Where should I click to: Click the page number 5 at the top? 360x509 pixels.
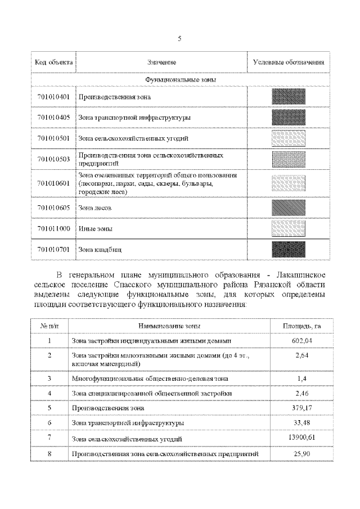click(179, 38)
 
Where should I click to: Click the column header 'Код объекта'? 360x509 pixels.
click(53, 61)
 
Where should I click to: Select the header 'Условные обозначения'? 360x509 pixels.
click(288, 61)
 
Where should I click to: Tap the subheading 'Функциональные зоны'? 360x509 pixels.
click(181, 79)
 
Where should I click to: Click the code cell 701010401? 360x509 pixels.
click(53, 97)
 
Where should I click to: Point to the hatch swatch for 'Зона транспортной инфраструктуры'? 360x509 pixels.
click(288, 118)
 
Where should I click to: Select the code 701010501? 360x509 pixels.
click(53, 138)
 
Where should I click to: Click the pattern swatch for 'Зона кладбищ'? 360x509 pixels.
click(288, 249)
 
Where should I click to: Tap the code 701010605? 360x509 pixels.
click(53, 208)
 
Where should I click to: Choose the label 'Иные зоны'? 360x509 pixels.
click(95, 228)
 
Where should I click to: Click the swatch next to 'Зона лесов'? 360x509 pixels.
click(288, 208)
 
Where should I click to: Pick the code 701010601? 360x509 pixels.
click(53, 183)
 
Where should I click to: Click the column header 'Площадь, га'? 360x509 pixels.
click(301, 326)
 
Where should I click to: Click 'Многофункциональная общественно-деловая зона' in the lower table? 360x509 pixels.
click(150, 379)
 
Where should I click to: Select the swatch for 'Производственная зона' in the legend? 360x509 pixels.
click(288, 97)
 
